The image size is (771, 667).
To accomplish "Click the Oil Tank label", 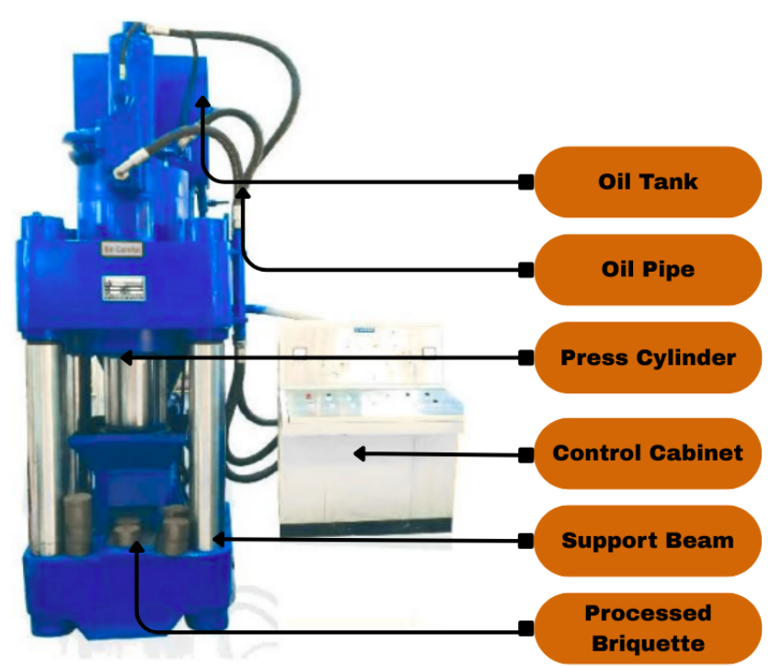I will pos(648,181).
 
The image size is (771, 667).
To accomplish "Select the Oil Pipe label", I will pos(648,270).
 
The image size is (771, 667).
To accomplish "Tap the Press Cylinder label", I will pos(648,357).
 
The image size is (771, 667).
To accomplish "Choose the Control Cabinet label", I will pos(648,453).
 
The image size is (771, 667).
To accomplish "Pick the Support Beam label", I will pos(648,540).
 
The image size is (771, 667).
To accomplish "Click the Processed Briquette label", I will pos(648,627).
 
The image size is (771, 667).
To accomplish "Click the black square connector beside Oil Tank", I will pos(525,182).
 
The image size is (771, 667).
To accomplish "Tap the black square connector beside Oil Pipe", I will pos(525,270).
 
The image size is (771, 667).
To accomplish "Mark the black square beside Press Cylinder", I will pos(525,357).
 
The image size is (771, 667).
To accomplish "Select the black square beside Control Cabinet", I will pos(525,454).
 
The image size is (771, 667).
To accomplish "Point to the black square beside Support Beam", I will pos(525,540).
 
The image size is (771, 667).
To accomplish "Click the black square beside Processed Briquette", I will pos(525,628).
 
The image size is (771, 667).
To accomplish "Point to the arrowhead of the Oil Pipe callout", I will pos(244,191).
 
